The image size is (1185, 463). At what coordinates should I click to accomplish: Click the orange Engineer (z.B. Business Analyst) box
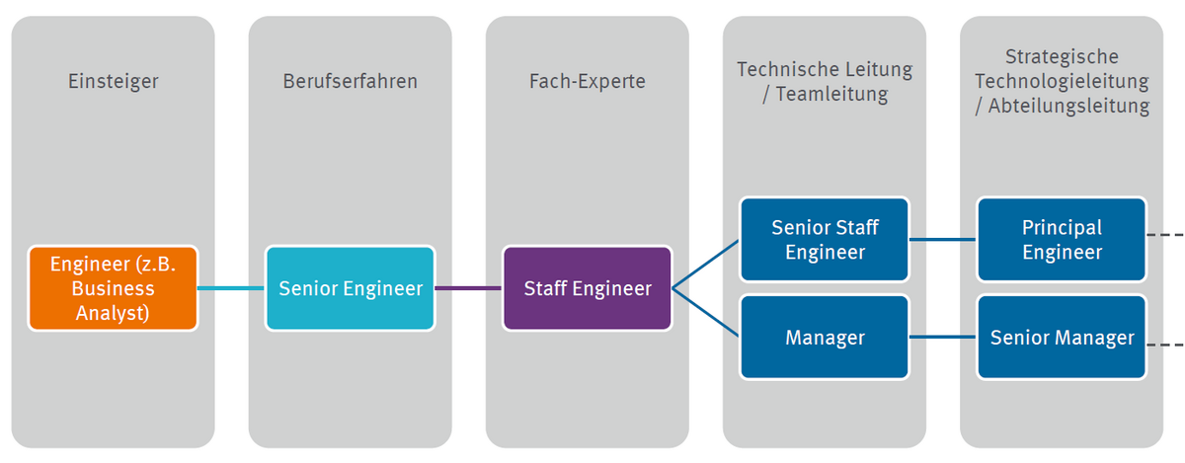[x=113, y=288]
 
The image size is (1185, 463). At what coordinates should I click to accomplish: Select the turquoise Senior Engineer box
[x=350, y=288]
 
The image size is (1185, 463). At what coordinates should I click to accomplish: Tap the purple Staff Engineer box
[x=587, y=288]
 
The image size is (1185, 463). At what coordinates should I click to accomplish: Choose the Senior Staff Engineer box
[x=824, y=239]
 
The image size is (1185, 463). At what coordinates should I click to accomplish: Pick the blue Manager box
[x=824, y=338]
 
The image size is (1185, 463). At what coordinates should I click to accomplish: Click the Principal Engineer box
[x=1061, y=239]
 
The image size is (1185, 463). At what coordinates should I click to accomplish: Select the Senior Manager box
[x=1061, y=338]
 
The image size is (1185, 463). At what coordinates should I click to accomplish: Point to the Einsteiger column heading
[x=113, y=81]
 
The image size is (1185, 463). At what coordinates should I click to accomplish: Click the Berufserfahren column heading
[x=350, y=81]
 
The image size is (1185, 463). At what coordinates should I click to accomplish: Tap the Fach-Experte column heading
[x=587, y=81]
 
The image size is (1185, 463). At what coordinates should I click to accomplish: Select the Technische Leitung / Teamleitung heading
[x=824, y=82]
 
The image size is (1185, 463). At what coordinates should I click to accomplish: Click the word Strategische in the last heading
[x=1061, y=57]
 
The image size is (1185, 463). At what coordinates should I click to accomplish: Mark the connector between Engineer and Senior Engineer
[x=231, y=288]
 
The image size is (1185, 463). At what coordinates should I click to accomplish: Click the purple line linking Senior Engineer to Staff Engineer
[x=468, y=288]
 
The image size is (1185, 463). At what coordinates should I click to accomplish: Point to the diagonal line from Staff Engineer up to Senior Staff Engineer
[x=706, y=264]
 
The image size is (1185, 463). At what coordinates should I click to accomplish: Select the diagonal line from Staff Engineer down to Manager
[x=706, y=313]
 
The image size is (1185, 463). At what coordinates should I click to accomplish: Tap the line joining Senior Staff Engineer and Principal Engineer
[x=942, y=239]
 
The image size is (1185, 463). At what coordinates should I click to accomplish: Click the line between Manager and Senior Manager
[x=942, y=338]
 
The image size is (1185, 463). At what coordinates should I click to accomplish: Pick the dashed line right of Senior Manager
[x=1165, y=346]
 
